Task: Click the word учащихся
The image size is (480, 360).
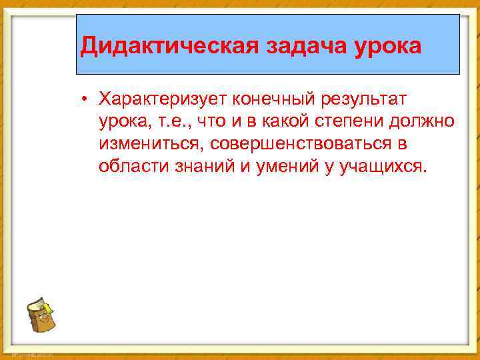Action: tap(381, 167)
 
